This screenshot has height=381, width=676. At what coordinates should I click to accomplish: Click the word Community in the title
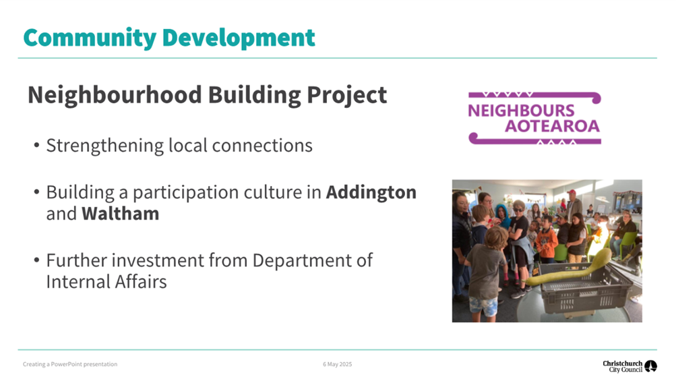(90, 38)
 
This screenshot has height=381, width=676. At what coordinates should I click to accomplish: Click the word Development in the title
(239, 38)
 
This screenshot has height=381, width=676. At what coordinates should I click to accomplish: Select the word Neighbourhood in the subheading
(115, 95)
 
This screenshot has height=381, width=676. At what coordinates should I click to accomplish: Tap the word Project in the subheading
(346, 96)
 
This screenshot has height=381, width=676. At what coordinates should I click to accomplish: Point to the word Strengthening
(104, 146)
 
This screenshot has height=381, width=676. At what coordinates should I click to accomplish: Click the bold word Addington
(371, 192)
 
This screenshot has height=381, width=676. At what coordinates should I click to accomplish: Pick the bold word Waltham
(120, 214)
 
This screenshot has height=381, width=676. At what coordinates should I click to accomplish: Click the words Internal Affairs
(106, 282)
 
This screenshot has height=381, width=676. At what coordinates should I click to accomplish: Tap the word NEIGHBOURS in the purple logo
(521, 111)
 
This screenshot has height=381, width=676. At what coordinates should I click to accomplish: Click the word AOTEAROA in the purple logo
(552, 126)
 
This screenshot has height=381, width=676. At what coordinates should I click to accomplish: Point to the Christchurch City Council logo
(629, 366)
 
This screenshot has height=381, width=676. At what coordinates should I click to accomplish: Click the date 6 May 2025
(337, 364)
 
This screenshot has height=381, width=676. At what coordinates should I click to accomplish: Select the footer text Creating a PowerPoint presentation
(70, 364)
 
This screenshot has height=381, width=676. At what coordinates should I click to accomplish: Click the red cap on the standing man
(572, 192)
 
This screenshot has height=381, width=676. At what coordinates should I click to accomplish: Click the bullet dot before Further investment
(36, 260)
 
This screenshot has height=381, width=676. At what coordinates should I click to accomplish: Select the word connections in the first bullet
(262, 146)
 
